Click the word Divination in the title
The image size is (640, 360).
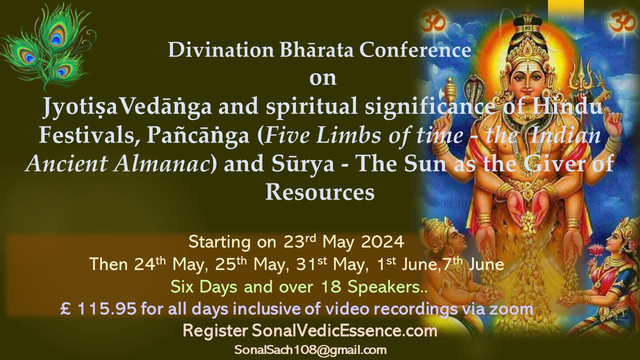point(221,50)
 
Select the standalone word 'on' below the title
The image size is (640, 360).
point(323,79)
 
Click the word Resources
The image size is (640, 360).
point(320,192)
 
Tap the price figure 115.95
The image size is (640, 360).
point(106,309)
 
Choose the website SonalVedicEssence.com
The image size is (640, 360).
point(344,331)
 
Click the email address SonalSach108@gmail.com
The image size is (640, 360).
point(310,350)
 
